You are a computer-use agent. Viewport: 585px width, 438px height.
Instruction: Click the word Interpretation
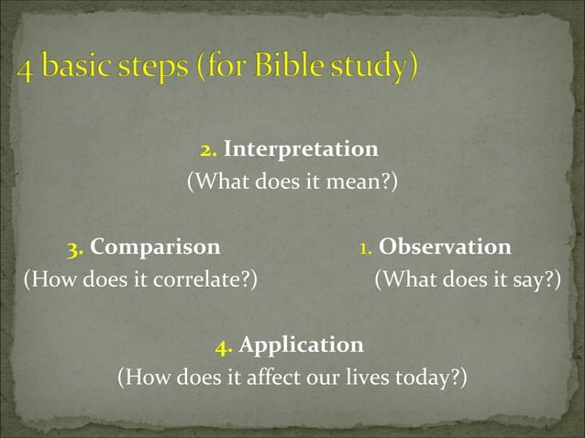[301, 148]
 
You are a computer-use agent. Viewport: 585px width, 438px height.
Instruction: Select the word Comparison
[156, 247]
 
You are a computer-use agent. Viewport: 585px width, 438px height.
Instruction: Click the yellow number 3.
[76, 248]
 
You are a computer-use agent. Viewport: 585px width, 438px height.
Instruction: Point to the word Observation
[445, 247]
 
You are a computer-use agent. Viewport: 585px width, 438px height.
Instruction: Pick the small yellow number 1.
[364, 248]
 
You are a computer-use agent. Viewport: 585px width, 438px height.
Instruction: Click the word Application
[301, 345]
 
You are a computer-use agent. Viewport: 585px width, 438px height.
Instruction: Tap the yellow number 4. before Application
[224, 346]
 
